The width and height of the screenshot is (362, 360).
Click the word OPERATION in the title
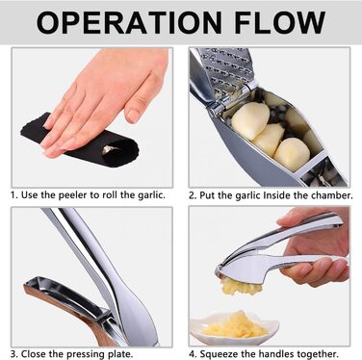click(x=129, y=22)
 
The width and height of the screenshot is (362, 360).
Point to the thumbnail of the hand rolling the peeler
click(x=92, y=117)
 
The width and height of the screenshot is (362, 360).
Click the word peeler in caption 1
click(x=78, y=195)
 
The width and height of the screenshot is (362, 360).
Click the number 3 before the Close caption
click(x=13, y=354)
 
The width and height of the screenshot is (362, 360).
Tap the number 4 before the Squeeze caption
click(x=192, y=354)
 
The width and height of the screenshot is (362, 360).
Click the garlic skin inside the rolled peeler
click(x=109, y=149)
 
